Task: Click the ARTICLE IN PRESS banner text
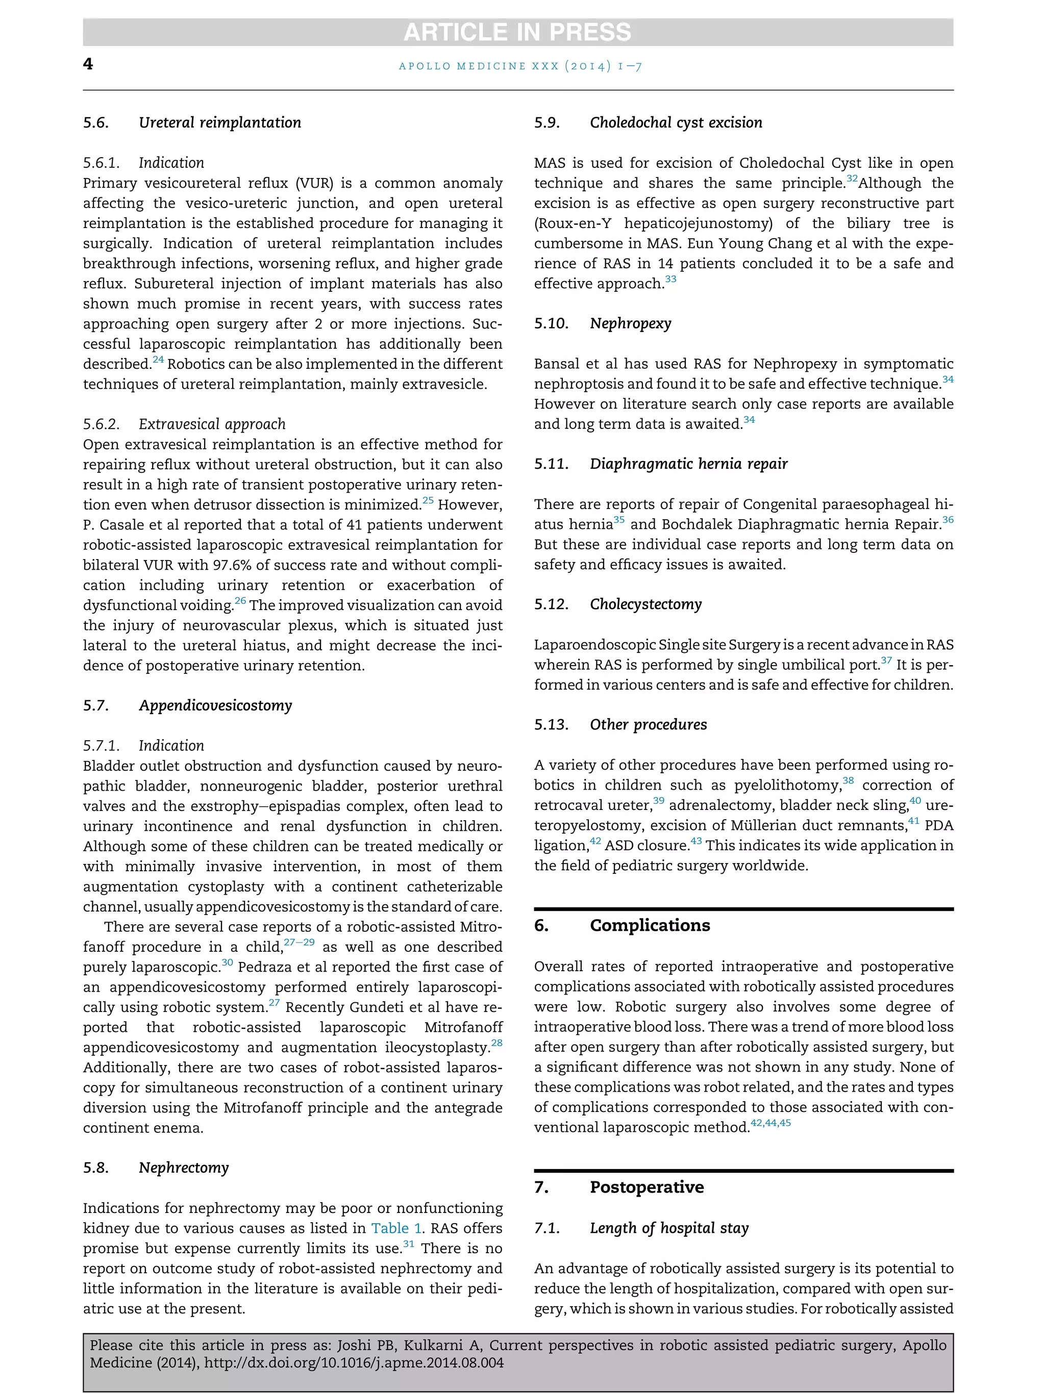[517, 32]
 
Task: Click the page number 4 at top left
[88, 64]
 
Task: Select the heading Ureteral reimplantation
[220, 123]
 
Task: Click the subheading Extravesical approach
[212, 424]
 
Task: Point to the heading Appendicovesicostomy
[215, 705]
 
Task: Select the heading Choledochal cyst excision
[676, 123]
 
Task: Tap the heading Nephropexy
[631, 324]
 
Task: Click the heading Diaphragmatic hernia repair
[688, 464]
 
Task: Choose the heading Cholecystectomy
[645, 604]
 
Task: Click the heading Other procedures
[648, 725]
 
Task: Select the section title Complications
[650, 925]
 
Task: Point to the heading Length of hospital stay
[669, 1228]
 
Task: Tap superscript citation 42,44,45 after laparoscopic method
[770, 1123]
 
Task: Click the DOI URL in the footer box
[354, 1363]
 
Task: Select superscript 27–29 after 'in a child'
[299, 943]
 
